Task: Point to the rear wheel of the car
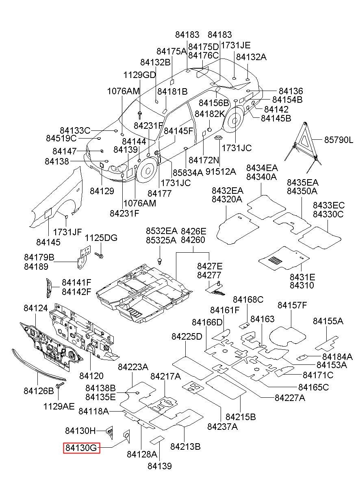[x=234, y=120]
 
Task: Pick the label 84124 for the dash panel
[x=36, y=308]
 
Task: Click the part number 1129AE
[x=59, y=406]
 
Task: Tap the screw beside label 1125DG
[x=99, y=255]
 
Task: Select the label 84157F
[x=292, y=305]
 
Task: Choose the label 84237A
[x=223, y=427]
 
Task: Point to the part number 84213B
[x=185, y=446]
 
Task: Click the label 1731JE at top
[x=235, y=45]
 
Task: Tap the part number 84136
[x=291, y=91]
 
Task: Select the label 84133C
[x=75, y=130]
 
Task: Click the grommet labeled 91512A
[x=219, y=138]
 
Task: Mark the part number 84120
[x=91, y=376]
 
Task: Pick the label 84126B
[x=39, y=391]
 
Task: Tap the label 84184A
[x=337, y=357]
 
